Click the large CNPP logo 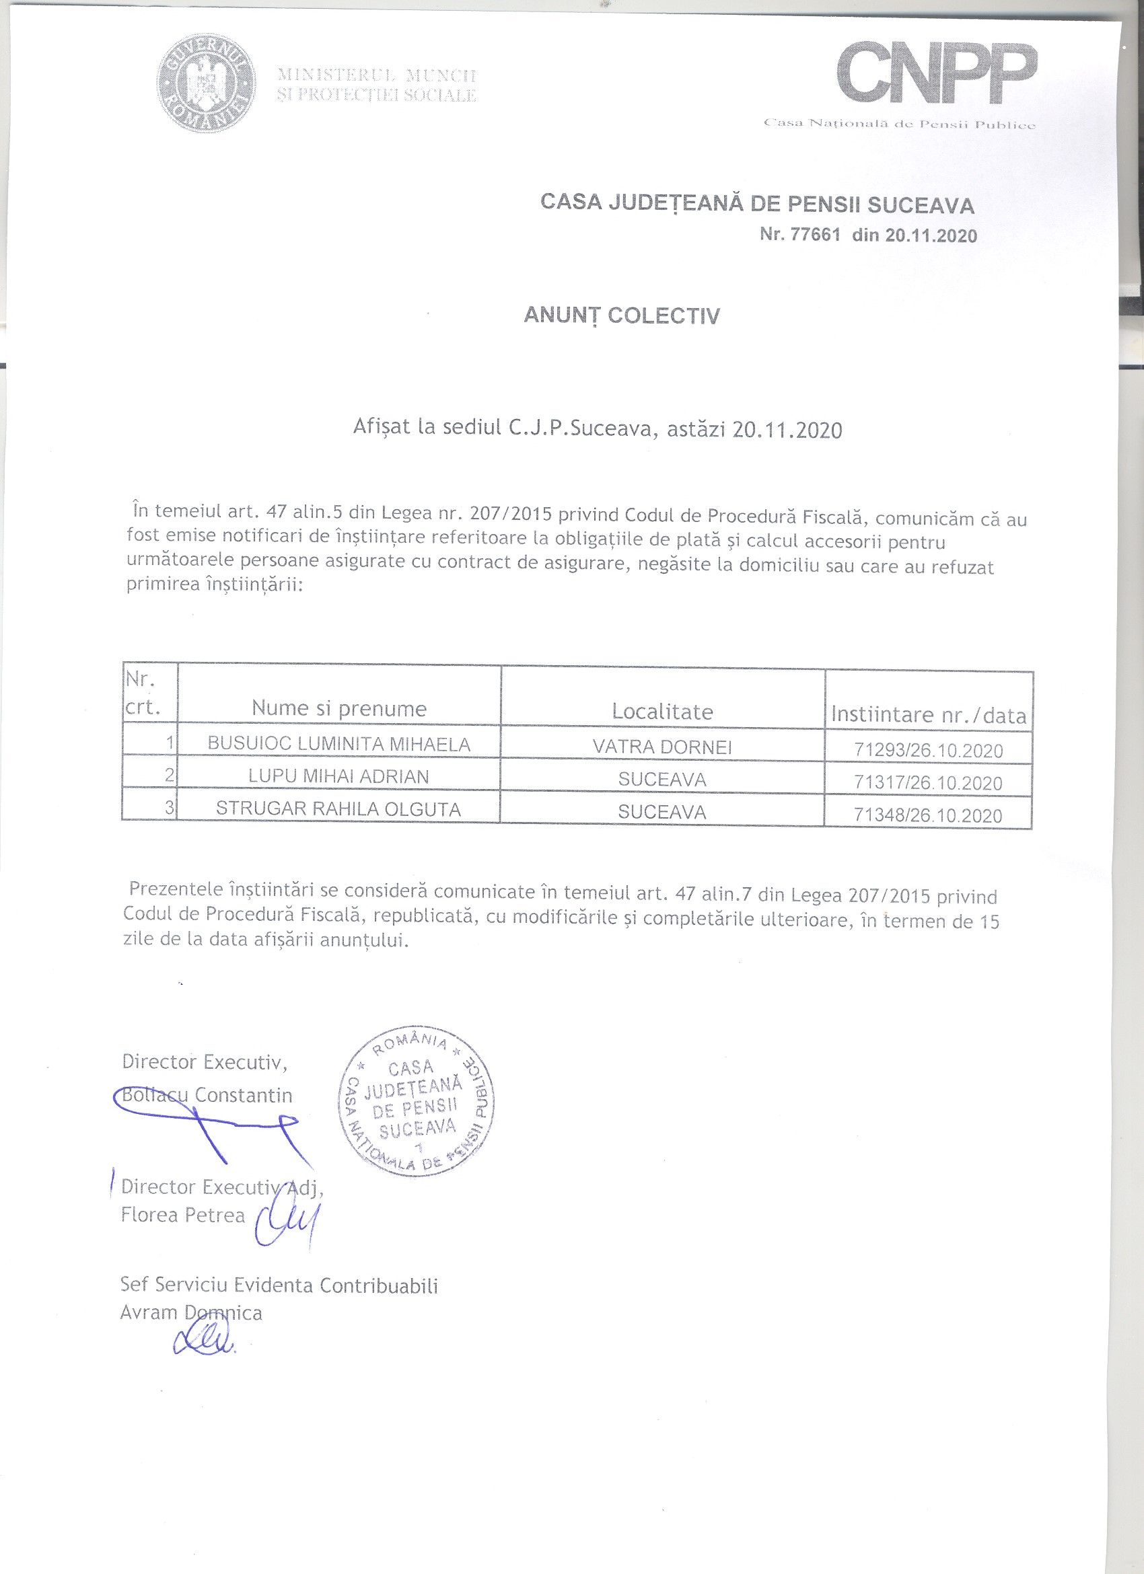pyautogui.click(x=937, y=73)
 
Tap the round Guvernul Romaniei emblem pyautogui.click(x=205, y=83)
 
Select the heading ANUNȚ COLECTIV pyautogui.click(x=621, y=315)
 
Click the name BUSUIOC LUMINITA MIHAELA pyautogui.click(x=338, y=744)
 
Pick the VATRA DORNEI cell pyautogui.click(x=662, y=747)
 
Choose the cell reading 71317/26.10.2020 pyautogui.click(x=928, y=783)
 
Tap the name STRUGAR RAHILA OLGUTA pyautogui.click(x=338, y=809)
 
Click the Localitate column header pyautogui.click(x=662, y=712)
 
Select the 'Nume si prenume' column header pyautogui.click(x=338, y=708)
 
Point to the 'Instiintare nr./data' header pyautogui.click(x=928, y=715)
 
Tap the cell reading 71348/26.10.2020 pyautogui.click(x=928, y=815)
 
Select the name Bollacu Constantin pyautogui.click(x=207, y=1095)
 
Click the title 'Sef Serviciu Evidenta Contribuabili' pyautogui.click(x=279, y=1285)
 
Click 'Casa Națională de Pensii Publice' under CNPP pyautogui.click(x=899, y=124)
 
